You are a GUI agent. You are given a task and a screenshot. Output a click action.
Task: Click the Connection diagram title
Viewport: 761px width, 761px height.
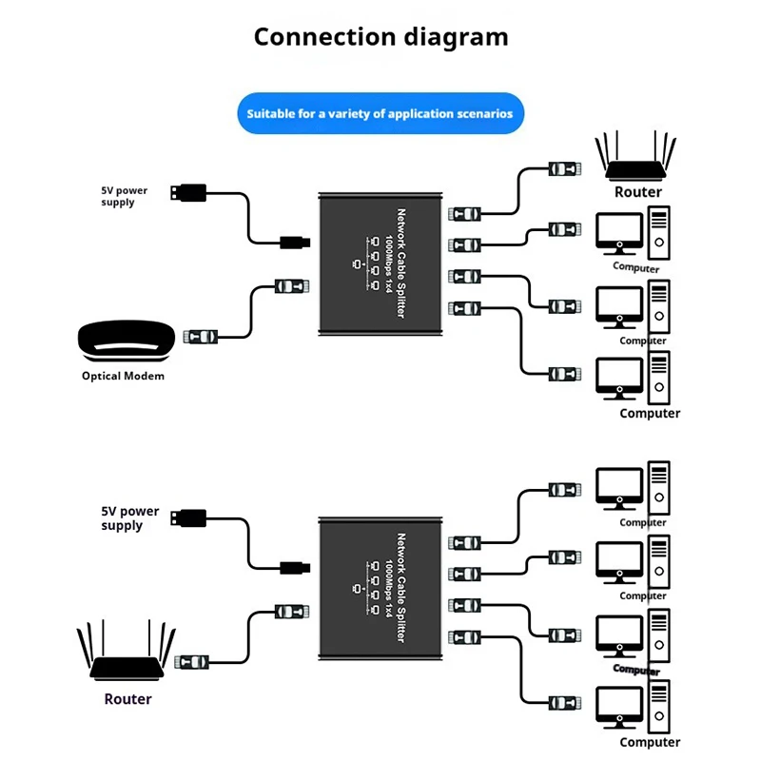point(380,37)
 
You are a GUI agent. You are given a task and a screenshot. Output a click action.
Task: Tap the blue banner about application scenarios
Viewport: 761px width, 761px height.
point(380,113)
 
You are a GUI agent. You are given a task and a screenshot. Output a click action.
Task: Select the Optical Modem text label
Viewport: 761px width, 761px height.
point(123,376)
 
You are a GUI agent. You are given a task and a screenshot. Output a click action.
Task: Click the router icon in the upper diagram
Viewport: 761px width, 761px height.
point(636,161)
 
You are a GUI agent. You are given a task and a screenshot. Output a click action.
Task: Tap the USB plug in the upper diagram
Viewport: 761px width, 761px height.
point(187,193)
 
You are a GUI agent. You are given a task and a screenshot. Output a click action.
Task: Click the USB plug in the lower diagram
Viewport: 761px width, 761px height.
point(187,518)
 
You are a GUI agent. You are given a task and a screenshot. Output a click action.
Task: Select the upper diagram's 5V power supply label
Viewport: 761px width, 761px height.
point(125,196)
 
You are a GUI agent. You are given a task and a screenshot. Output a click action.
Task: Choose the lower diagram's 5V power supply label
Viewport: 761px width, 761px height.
point(130,518)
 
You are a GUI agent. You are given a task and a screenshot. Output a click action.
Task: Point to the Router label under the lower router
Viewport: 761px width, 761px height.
point(127,699)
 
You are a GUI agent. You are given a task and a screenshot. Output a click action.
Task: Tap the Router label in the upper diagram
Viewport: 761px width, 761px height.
point(637,192)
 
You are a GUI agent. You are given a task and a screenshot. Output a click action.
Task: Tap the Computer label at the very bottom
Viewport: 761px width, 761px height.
point(650,742)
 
